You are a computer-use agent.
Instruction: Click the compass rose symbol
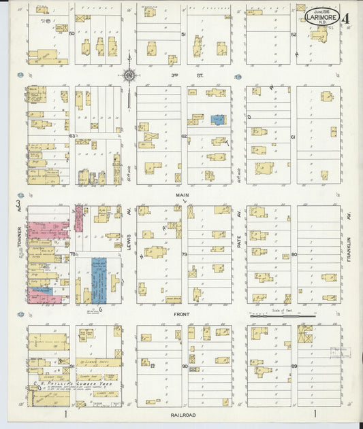(129, 75)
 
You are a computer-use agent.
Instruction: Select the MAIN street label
(182, 195)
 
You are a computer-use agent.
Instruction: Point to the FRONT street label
(182, 314)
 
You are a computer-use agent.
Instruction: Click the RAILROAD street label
(182, 414)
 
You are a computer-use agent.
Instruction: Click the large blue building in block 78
(99, 279)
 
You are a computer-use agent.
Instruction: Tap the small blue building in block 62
(217, 120)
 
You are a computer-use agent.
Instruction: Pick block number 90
(184, 366)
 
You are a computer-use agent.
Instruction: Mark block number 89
(294, 366)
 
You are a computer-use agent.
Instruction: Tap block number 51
(183, 34)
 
